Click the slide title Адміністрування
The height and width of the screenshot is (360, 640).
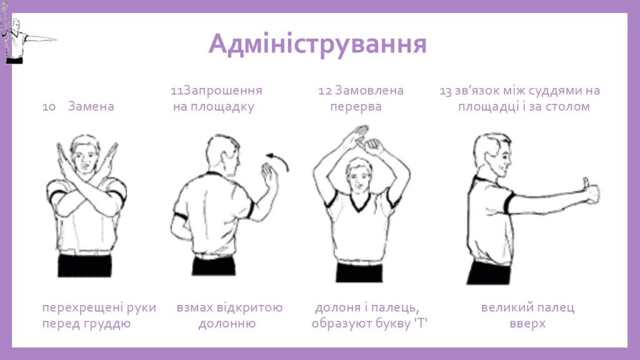(317, 44)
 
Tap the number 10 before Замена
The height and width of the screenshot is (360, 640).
(49, 107)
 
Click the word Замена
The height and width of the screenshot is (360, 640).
(91, 107)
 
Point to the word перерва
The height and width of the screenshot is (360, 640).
(356, 107)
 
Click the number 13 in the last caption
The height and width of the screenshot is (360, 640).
(446, 91)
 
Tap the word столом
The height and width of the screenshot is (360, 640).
(567, 107)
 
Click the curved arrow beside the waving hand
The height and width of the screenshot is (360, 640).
(280, 161)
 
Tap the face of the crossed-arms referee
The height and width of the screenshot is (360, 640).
(85, 156)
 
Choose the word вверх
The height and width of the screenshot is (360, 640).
(527, 324)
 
